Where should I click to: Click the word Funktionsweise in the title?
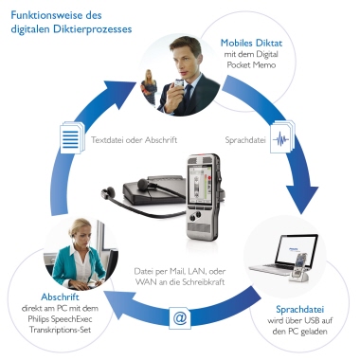(43, 13)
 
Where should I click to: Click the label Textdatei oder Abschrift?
(132, 139)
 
